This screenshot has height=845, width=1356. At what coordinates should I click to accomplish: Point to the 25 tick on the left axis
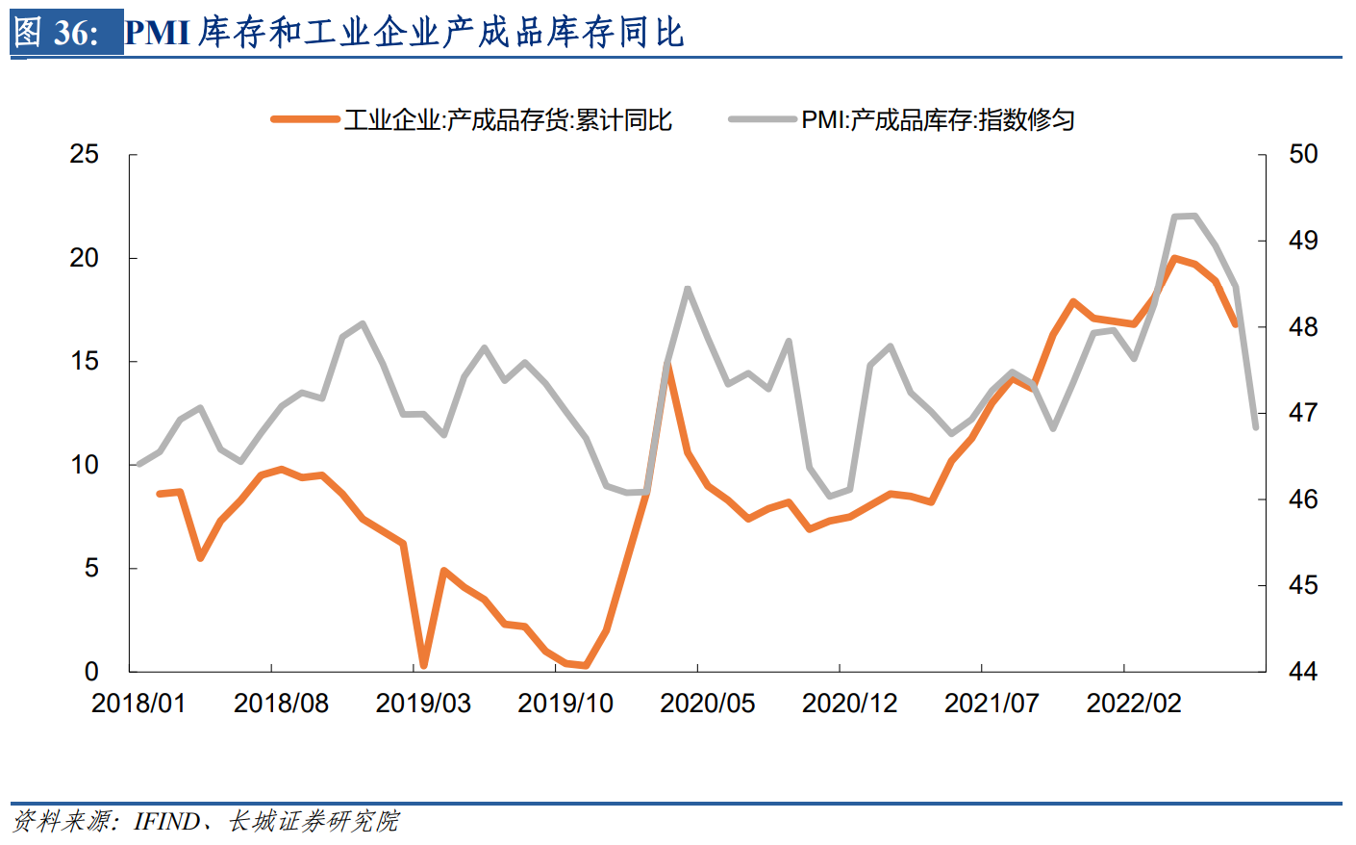[85, 155]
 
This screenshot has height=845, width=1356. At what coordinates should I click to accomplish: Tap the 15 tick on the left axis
[85, 362]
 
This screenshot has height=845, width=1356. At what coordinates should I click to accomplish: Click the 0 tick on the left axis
[91, 672]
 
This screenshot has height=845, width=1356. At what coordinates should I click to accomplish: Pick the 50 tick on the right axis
[1303, 155]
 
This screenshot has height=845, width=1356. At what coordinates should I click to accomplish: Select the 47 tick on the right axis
[1303, 413]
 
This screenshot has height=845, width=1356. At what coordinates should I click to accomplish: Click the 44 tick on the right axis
[1303, 672]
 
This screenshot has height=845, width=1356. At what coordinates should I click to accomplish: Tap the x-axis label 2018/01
[138, 704]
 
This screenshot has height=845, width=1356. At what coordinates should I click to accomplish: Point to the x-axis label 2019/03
[423, 704]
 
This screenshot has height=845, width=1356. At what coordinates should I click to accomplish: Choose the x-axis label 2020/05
[708, 704]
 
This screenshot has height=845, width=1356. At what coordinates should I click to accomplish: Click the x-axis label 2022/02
[1134, 704]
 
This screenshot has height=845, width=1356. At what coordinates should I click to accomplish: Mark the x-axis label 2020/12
[849, 704]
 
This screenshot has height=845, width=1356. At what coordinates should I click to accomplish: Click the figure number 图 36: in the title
[57, 33]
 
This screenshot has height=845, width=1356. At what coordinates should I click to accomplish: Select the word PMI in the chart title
[158, 33]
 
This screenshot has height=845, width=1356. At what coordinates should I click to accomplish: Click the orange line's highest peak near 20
[1174, 258]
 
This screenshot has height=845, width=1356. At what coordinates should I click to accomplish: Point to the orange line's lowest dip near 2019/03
[423, 665]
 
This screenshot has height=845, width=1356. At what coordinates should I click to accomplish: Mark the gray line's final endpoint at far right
[1256, 427]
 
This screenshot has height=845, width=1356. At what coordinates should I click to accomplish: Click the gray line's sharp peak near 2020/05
[688, 288]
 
